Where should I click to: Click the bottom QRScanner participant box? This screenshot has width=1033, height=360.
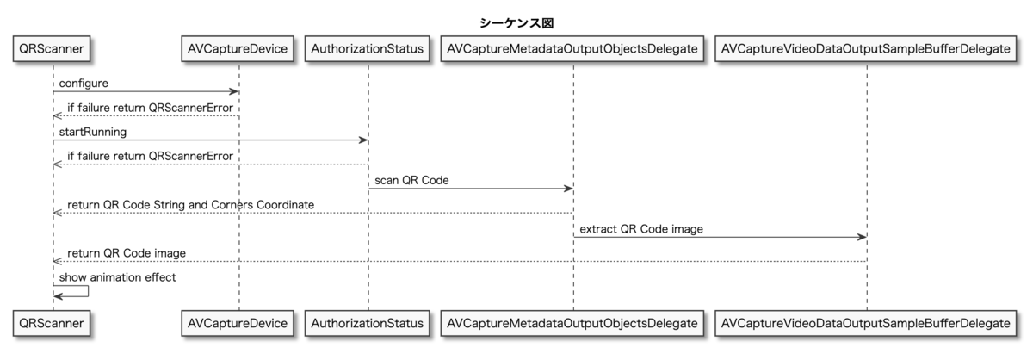pos(53,323)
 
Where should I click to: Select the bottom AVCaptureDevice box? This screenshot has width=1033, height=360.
pos(239,323)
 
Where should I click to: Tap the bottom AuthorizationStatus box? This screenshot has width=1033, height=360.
pos(368,323)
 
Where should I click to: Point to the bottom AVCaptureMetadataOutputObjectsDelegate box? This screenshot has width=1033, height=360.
pos(572,323)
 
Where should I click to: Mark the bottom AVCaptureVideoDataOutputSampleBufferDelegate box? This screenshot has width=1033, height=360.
pos(866,323)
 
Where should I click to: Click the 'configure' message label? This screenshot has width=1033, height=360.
pos(84,82)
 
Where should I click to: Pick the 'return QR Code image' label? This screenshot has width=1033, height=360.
pos(127,252)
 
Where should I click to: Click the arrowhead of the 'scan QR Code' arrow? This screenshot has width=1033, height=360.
pos(568,189)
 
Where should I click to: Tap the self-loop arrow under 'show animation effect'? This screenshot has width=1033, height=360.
pos(77,290)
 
